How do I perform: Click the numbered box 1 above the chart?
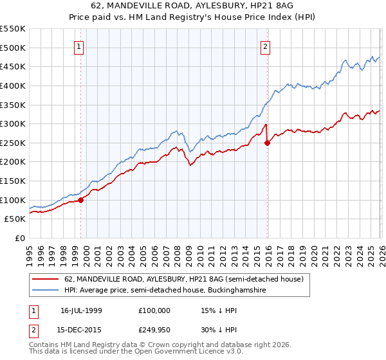pyautogui.click(x=78, y=46)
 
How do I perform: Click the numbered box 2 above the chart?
pyautogui.click(x=265, y=46)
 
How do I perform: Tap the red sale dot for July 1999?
pyautogui.click(x=81, y=200)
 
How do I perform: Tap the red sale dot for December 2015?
pyautogui.click(x=268, y=143)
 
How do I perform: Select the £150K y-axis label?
pyautogui.click(x=14, y=181)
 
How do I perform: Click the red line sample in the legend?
pyautogui.click(x=46, y=279)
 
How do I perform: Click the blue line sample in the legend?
pyautogui.click(x=46, y=291)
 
